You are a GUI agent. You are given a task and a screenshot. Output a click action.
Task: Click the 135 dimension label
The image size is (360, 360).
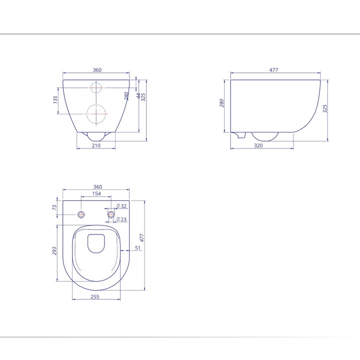[x=55, y=100]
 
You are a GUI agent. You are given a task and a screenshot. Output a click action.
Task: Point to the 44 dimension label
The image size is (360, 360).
[x=138, y=95]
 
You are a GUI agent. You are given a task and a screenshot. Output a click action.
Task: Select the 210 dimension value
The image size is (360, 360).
[x=96, y=145]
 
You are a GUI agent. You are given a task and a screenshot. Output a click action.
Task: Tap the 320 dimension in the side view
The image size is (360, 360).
[x=258, y=145]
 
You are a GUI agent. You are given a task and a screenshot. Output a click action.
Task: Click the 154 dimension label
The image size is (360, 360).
[x=96, y=193]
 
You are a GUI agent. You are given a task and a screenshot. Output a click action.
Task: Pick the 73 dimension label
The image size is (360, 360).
[x=54, y=207]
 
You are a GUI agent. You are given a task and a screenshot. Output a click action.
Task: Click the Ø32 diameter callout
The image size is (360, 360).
[x=121, y=206]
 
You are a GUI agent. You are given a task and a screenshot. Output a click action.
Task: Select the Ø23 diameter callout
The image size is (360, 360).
[x=121, y=219]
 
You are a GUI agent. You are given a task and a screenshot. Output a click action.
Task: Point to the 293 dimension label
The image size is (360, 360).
[x=54, y=250]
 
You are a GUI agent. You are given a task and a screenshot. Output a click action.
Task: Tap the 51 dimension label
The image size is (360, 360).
[x=137, y=247]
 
